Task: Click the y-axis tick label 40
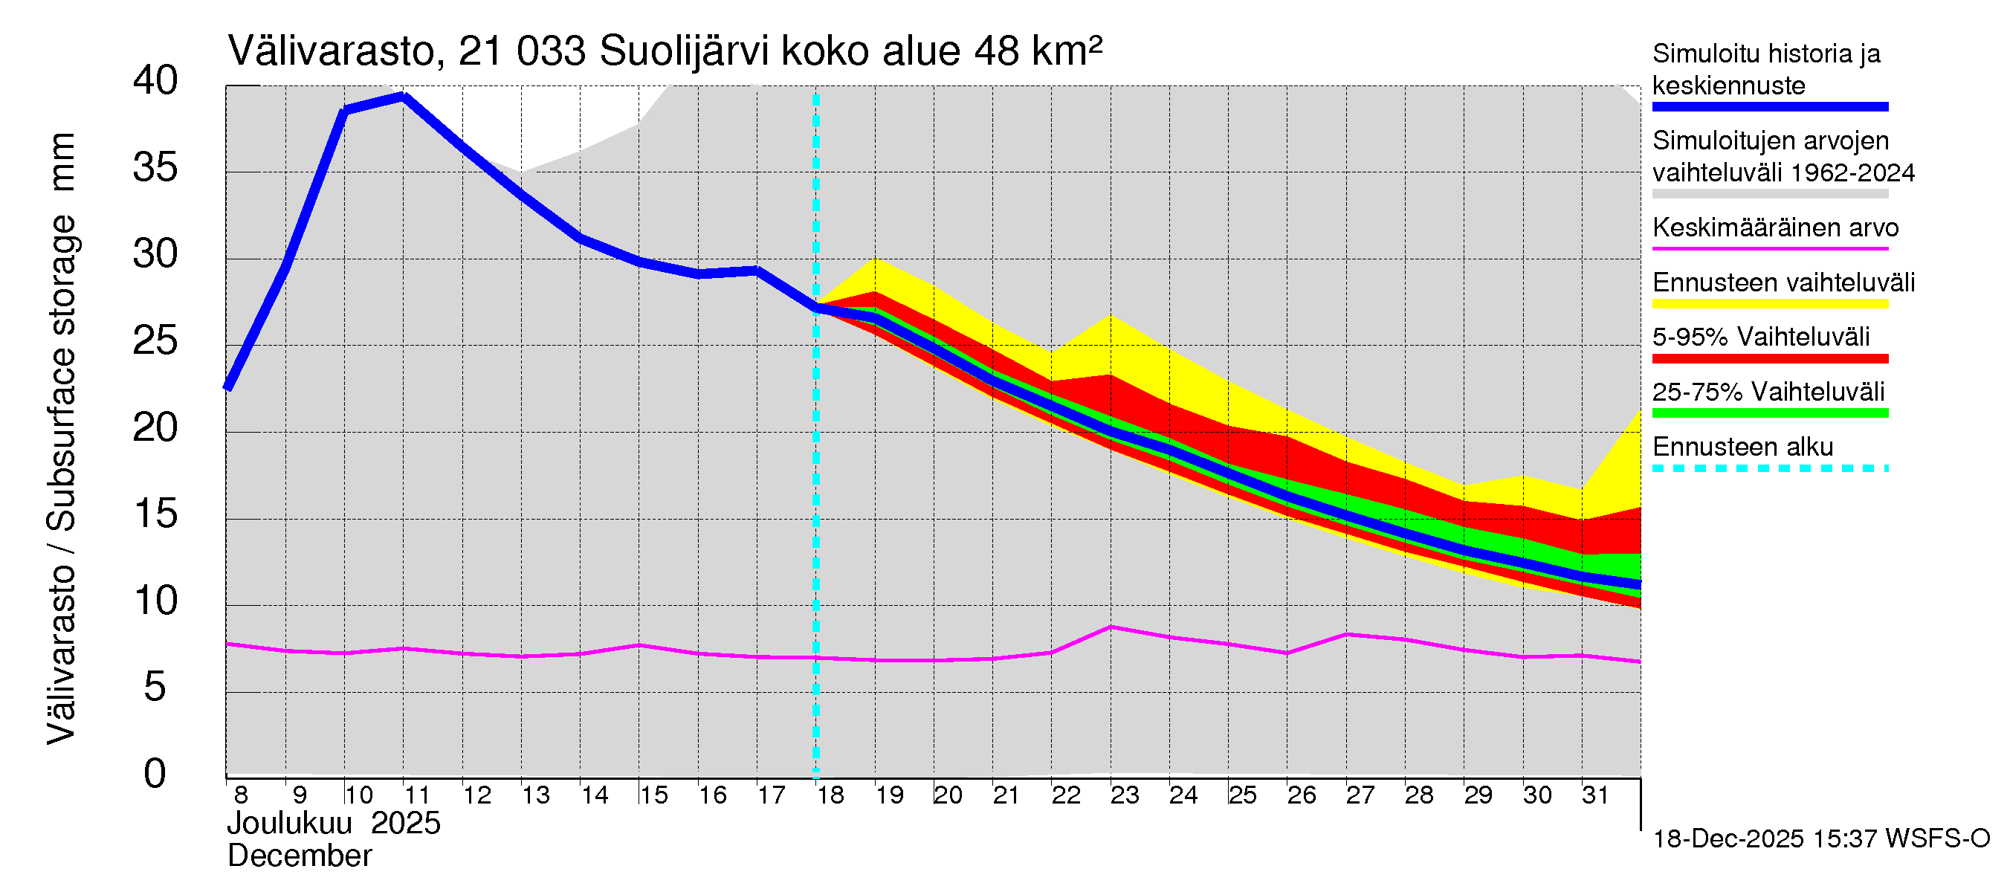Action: pos(155,81)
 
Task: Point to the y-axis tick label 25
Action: pos(155,341)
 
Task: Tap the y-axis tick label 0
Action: pos(155,774)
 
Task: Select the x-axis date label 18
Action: pos(830,795)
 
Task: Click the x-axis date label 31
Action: pos(1595,795)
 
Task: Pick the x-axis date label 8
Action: pos(241,795)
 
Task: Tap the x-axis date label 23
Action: pos(1124,795)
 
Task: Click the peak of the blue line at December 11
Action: pos(404,97)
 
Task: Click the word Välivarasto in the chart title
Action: pos(331,51)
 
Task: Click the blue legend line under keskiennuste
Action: pos(1770,107)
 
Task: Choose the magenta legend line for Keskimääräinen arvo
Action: pos(1770,248)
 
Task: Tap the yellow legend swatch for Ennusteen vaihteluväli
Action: pos(1770,304)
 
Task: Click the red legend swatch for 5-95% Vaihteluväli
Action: pos(1770,358)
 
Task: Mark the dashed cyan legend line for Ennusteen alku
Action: pos(1770,468)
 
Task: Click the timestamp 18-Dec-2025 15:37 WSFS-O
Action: pos(1820,839)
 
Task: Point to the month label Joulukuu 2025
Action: pos(334,824)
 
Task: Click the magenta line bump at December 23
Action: pos(1112,627)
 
